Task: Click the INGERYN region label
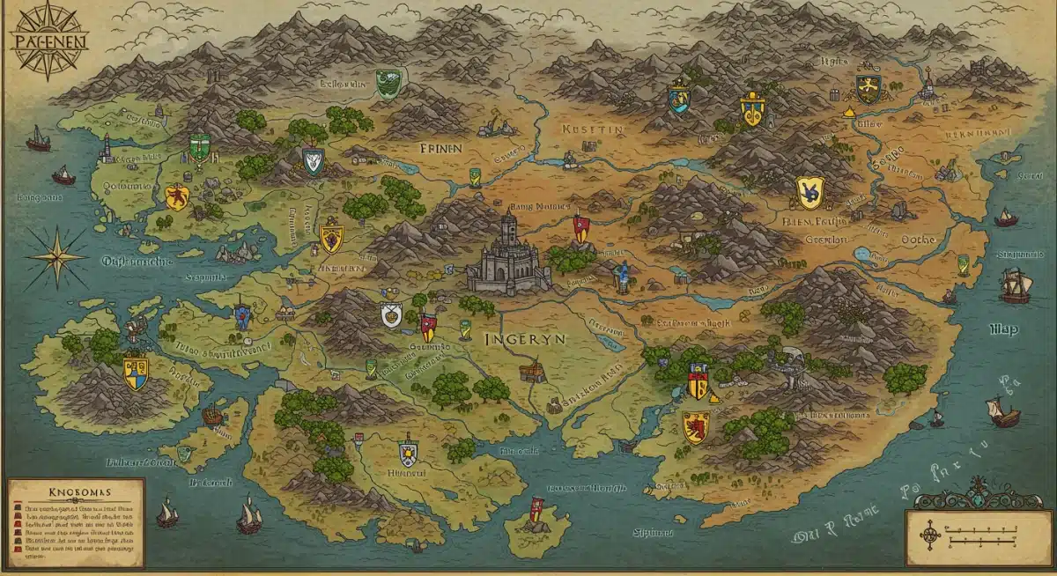point(525,337)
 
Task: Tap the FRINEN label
point(440,148)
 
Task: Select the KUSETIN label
point(592,129)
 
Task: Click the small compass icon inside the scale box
point(930,534)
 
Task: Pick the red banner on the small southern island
point(536,509)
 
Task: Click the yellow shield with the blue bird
point(809,192)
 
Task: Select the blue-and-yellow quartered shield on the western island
point(136,371)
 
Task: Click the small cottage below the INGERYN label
point(530,372)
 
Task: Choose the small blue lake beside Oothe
point(864,255)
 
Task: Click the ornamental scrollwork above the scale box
point(978,496)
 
